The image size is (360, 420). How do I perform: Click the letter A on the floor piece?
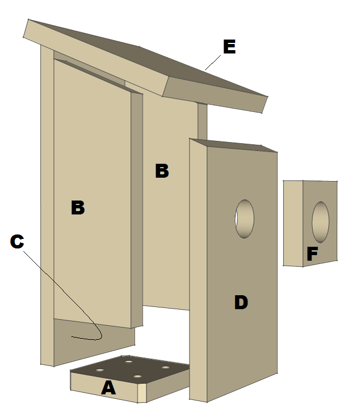(x=108, y=387)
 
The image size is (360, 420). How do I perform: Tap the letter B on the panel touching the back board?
(x=77, y=208)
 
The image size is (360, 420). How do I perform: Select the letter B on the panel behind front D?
(x=162, y=171)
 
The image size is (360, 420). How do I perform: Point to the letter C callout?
(x=17, y=241)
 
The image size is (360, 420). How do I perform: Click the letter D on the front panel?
(x=241, y=302)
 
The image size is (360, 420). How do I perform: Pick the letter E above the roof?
(x=228, y=47)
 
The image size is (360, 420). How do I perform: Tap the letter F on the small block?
(x=312, y=255)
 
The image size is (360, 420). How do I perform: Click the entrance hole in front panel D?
(x=244, y=219)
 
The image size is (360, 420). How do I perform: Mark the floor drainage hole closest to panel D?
(x=166, y=368)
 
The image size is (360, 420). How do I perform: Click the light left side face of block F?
(x=293, y=223)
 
